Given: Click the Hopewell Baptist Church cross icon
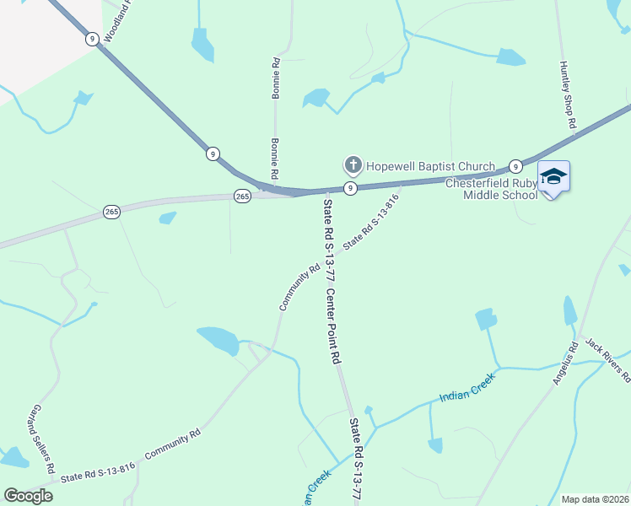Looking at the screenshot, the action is (352, 164).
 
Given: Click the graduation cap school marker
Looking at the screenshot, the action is (553, 177).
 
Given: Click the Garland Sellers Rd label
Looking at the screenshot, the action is (43, 439).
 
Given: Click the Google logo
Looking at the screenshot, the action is (29, 495).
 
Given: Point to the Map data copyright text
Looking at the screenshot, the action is (595, 499).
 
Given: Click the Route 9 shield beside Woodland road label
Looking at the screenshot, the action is (91, 38).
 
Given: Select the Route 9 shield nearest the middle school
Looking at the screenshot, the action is (514, 166).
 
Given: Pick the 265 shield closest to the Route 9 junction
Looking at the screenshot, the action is (242, 196).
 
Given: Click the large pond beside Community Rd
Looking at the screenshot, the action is (218, 340).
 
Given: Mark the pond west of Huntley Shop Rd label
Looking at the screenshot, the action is (510, 57).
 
